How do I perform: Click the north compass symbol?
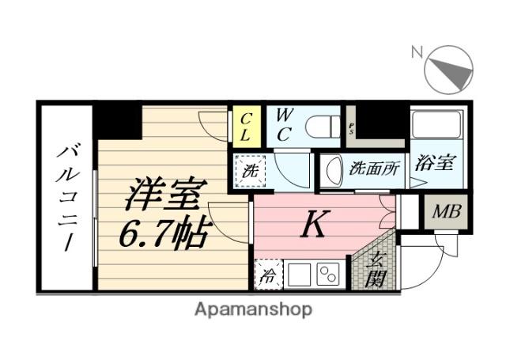point(449,68)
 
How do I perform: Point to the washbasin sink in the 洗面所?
point(330,171)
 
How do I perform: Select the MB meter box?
point(447,212)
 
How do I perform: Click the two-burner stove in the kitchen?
point(327,275)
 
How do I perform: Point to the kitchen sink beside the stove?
point(297,275)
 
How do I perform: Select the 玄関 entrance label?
point(377,267)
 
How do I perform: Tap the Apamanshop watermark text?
point(253,309)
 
